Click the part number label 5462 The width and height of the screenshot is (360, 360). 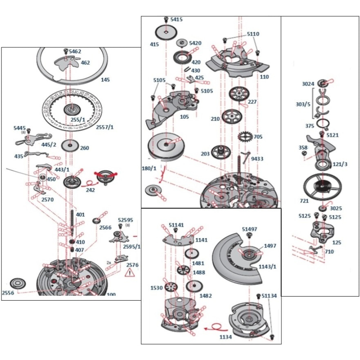coord(75,52)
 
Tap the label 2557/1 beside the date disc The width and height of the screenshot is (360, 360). coord(104,127)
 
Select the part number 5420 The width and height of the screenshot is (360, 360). coord(195,43)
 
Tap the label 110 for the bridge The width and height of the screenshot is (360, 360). coord(264,77)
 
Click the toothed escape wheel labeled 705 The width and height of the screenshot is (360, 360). coord(245,135)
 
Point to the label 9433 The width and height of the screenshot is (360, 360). coord(257,159)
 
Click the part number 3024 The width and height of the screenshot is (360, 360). coord(308,84)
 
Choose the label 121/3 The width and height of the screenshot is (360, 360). coord(340,165)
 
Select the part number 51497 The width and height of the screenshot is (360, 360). coord(250,229)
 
